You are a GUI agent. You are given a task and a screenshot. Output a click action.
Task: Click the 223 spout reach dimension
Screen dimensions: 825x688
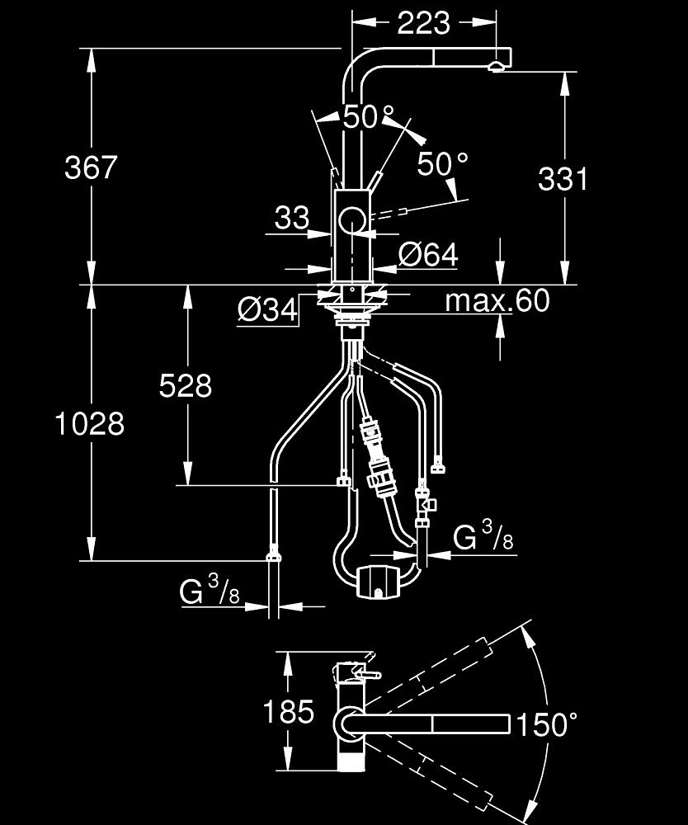point(424,23)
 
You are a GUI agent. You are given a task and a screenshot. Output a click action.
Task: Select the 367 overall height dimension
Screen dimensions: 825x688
point(92,168)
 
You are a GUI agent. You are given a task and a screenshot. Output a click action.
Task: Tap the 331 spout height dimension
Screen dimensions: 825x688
point(563,178)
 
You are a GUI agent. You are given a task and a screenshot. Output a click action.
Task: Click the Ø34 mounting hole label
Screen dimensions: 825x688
point(266,309)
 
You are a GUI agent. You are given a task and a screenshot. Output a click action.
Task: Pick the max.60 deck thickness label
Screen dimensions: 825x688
point(497,301)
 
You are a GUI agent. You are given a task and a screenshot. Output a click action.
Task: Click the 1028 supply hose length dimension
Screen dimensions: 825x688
point(90,424)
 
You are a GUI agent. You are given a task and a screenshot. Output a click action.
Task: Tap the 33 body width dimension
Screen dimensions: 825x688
point(292,219)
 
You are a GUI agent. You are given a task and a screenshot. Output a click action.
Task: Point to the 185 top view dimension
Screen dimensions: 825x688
point(288,711)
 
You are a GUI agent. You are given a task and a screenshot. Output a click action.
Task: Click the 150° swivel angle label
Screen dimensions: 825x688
point(545,725)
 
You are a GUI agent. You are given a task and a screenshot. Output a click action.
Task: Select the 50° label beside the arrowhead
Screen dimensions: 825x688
point(443,163)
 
